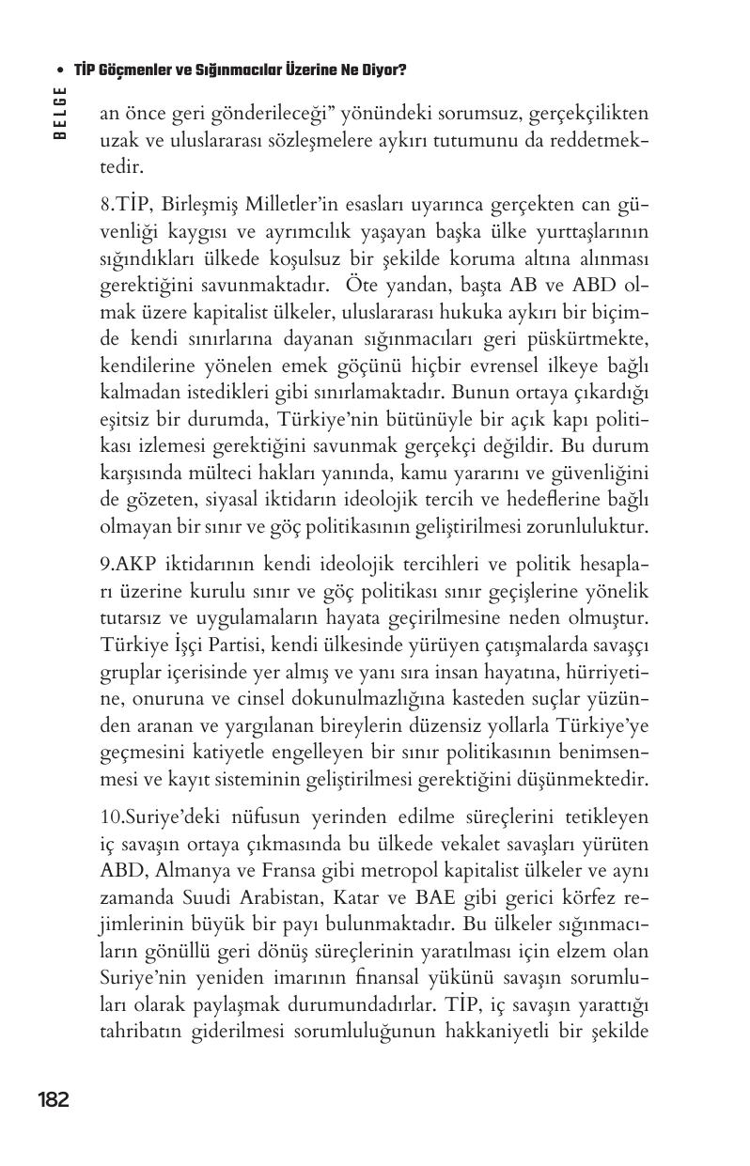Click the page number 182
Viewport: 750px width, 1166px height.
point(53,1099)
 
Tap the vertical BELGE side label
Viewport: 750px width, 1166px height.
point(59,112)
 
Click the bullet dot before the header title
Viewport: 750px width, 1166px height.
point(60,71)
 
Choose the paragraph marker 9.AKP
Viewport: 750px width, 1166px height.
point(125,564)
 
